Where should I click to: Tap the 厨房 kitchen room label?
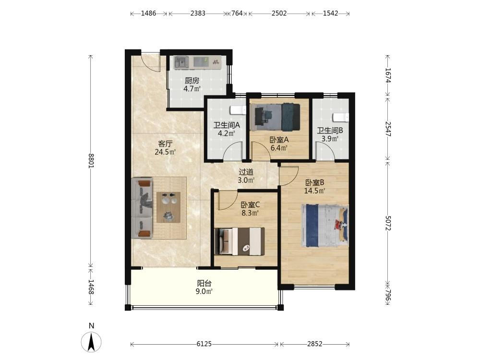pyautogui.click(x=192, y=81)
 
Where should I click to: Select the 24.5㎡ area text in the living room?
pyautogui.click(x=165, y=152)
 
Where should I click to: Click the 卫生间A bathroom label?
pyautogui.click(x=227, y=125)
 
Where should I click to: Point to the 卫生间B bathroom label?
pyautogui.click(x=330, y=131)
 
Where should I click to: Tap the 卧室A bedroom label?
pyautogui.click(x=279, y=140)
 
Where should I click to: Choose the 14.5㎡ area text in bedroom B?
pyautogui.click(x=314, y=191)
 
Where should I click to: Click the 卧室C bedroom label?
pyautogui.click(x=251, y=204)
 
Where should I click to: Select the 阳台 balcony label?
pyautogui.click(x=204, y=283)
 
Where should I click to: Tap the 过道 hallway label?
pyautogui.click(x=246, y=172)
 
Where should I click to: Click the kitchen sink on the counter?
pyautogui.click(x=181, y=62)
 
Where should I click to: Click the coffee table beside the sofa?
pyautogui.click(x=168, y=207)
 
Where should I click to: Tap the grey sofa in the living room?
pyautogui.click(x=142, y=208)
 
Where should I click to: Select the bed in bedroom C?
pyautogui.click(x=240, y=241)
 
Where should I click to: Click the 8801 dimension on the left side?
pyautogui.click(x=91, y=161)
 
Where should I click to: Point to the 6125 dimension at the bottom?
pyautogui.click(x=204, y=344)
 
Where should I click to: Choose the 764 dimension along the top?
pyautogui.click(x=237, y=13)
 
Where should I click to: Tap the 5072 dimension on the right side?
pyautogui.click(x=388, y=223)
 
